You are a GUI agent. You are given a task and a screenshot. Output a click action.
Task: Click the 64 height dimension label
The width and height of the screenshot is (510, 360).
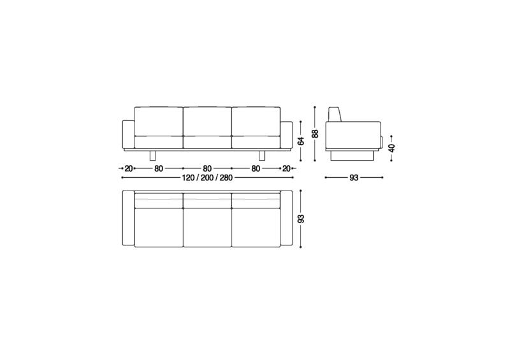point(302,141)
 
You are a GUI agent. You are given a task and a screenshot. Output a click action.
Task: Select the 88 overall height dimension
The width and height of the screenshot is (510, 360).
point(315,134)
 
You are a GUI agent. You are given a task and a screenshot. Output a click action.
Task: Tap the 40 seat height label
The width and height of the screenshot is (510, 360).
point(392,148)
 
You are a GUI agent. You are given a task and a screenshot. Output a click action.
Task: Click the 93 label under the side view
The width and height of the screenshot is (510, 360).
point(354,178)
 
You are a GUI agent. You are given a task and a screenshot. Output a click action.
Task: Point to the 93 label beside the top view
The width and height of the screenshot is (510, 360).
point(302,219)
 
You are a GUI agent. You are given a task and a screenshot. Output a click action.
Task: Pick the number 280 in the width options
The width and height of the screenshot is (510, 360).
point(226,178)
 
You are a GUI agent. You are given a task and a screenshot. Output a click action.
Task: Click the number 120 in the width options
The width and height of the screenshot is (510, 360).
point(188,178)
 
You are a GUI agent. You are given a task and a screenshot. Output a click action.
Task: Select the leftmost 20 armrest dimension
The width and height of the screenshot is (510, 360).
point(129,168)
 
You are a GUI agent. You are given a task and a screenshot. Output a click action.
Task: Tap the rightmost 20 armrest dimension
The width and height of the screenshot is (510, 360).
point(286,168)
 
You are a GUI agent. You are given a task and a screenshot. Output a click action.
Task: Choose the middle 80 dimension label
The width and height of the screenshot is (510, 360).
point(207,168)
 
